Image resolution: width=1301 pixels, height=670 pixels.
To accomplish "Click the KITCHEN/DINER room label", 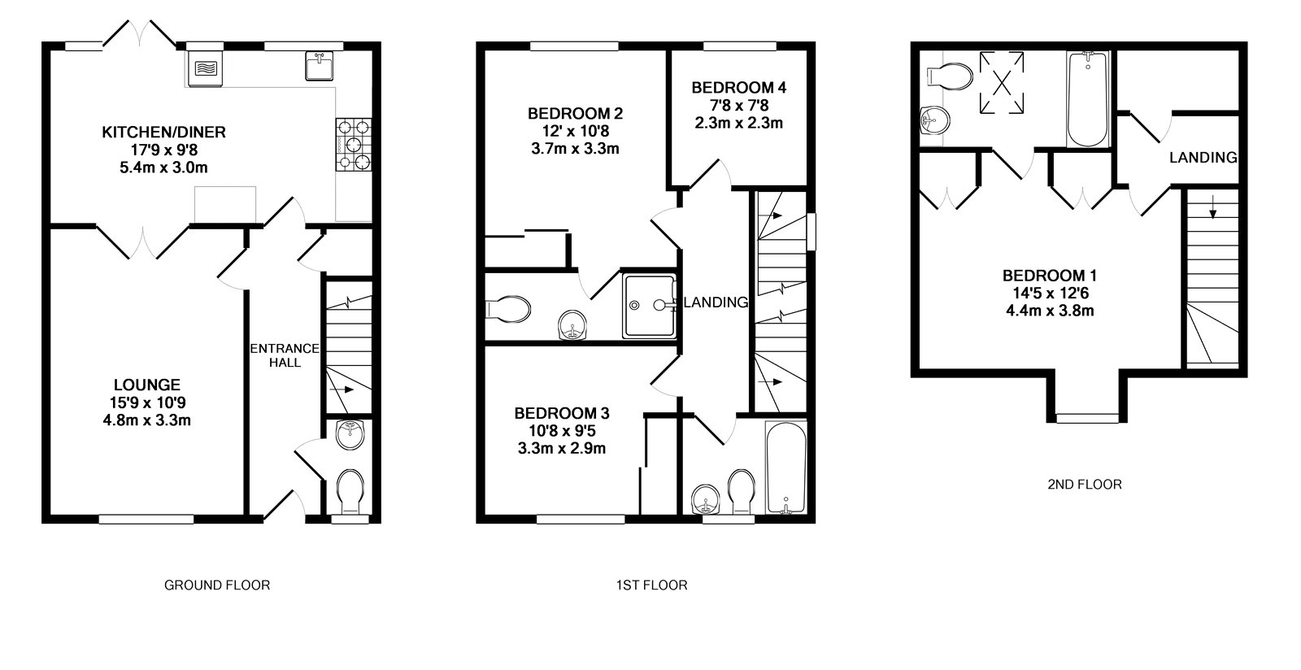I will pos(163,132).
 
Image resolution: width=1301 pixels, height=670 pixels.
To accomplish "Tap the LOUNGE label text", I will pos(146,385).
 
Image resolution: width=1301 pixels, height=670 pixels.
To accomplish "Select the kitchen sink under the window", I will pos(322,65).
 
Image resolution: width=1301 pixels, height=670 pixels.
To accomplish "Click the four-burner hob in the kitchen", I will pos(355,145).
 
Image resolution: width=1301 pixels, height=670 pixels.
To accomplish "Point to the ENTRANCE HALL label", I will pos(284,355).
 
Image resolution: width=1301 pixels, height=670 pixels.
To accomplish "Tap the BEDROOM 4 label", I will pos(738,87).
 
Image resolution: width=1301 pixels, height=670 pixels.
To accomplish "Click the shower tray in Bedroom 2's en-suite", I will pos(649,305).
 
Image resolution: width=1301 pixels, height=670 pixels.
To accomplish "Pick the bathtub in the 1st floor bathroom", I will pos(785,468).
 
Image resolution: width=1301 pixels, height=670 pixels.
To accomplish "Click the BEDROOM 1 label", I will pos(1044,276).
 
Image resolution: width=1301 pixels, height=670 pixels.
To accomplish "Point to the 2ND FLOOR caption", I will pos(1084,485).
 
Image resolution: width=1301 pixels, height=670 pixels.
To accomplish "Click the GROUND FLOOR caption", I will pos(217,585).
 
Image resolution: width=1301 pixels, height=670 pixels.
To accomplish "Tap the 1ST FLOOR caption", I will pos(651,585).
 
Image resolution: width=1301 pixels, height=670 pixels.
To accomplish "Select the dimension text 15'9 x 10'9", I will pos(146,402).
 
